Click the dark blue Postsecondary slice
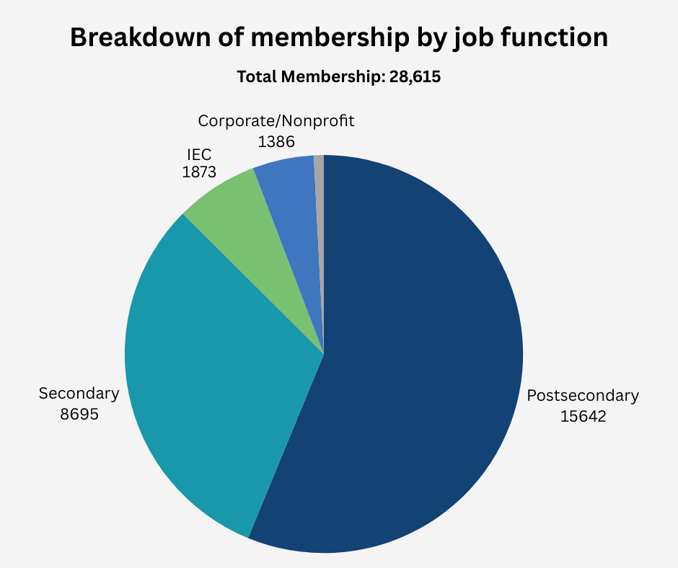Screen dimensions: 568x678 coord(426,360)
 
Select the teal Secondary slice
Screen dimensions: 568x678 coord(216,375)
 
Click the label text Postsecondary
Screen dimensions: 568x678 coord(583,395)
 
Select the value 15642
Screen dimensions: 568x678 coord(583,416)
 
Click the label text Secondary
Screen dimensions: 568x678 coord(79,394)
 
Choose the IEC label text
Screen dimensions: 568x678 coord(198,154)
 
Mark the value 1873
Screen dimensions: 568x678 coord(198,173)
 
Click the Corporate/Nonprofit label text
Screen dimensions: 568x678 coord(276,120)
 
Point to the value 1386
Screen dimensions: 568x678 coord(276,141)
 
